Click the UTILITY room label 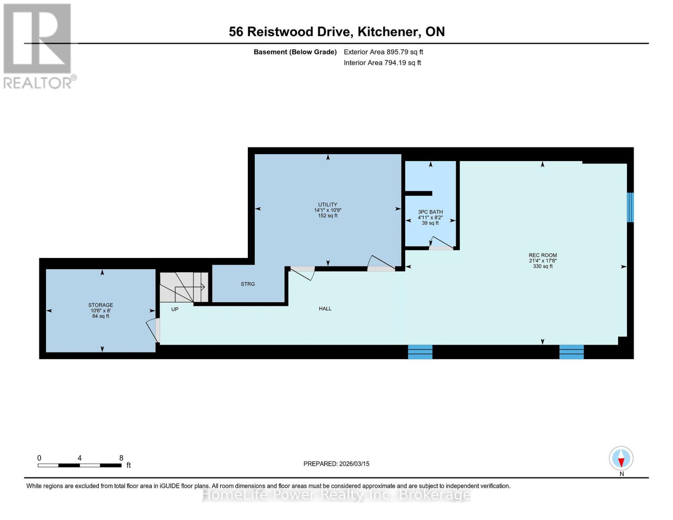pos(328,205)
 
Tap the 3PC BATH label pos(430,212)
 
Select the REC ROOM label pos(543,256)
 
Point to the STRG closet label pos(248,284)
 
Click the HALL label pos(325,309)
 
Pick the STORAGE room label pos(101,305)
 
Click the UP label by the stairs pos(175,309)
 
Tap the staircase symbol pos(184,287)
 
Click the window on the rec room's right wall pos(630,208)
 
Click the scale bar pos(80,465)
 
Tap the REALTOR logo pos(38,45)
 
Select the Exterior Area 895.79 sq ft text pos(383,52)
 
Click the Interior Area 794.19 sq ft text pos(382,63)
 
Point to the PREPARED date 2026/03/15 pos(336,464)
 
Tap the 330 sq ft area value pos(543,266)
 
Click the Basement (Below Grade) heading pos(295,52)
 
